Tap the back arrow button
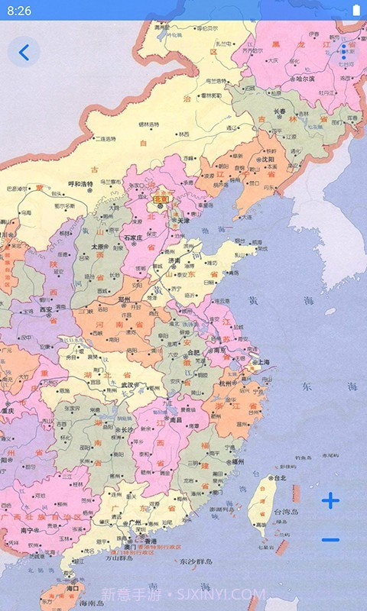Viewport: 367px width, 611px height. point(24,52)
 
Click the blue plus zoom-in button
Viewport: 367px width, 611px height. point(330,501)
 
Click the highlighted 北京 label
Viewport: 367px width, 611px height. point(161,199)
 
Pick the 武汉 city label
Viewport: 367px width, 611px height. point(120,384)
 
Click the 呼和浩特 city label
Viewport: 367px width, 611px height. point(80,184)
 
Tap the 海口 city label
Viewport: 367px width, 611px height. point(73,589)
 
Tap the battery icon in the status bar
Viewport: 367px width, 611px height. point(356,10)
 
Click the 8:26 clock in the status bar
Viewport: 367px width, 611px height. point(19,11)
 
